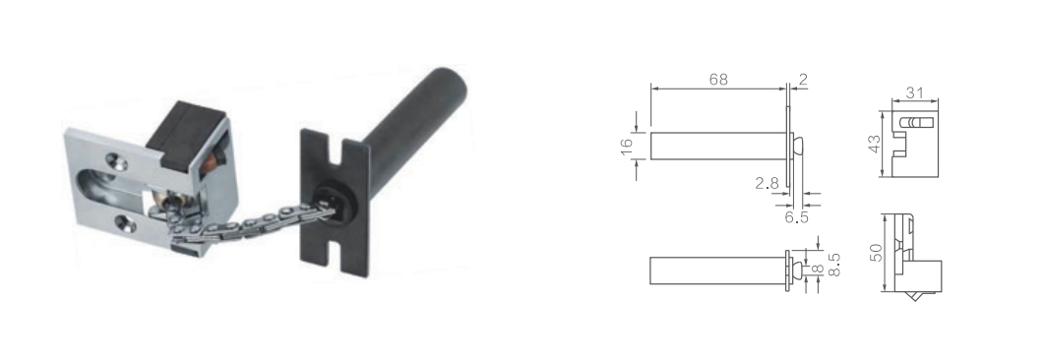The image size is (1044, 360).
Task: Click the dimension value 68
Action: (x=718, y=80)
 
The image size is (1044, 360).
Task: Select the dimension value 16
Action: (x=627, y=147)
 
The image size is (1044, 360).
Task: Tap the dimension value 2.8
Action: (x=768, y=183)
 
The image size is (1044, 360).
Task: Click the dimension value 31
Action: (x=915, y=93)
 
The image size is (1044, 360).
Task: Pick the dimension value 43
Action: (x=875, y=144)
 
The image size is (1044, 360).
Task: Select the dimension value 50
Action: (x=876, y=252)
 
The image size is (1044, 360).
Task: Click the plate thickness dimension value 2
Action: (x=802, y=80)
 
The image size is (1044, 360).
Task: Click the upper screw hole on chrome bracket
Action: (x=116, y=160)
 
